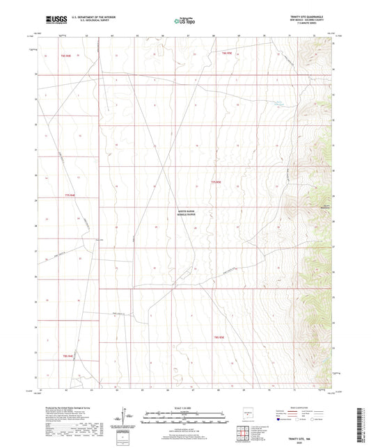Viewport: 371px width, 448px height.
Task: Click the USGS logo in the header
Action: pyautogui.click(x=51, y=19)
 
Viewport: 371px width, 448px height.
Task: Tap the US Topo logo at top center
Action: pyautogui.click(x=185, y=21)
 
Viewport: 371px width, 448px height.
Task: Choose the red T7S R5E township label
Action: pyautogui.click(x=216, y=182)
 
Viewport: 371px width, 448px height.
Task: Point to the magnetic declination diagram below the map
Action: pyautogui.click(x=123, y=417)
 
